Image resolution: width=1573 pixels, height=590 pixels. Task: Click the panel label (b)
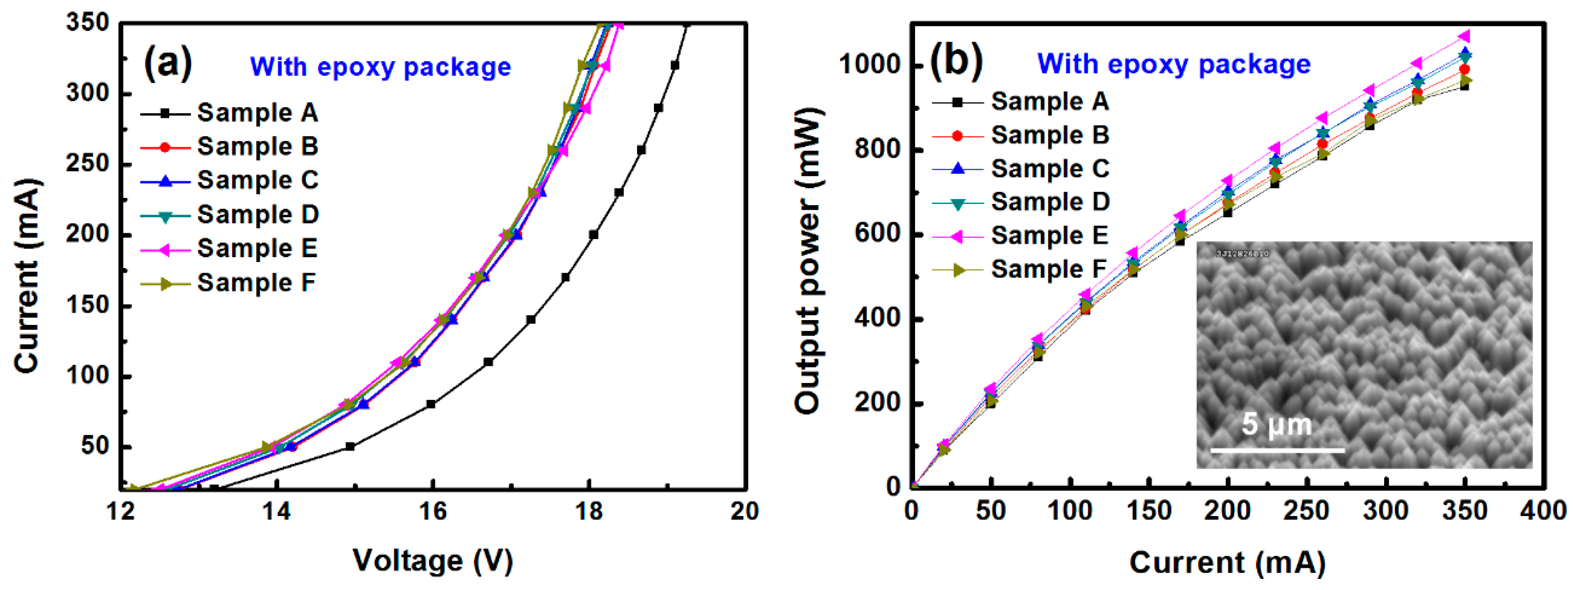point(956,62)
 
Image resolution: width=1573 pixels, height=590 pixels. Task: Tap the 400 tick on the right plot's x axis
point(1543,511)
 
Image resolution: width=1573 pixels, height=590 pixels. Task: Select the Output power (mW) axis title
point(807,262)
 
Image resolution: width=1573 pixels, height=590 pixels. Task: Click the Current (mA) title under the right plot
point(1227,562)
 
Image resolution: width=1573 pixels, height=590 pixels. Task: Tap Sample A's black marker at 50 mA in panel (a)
point(350,446)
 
